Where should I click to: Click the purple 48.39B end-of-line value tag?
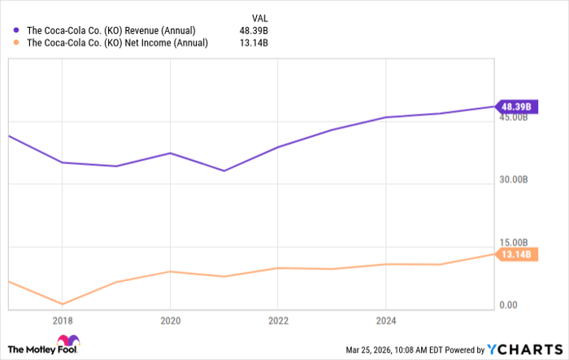tap(516, 106)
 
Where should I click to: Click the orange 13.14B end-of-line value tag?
tap(516, 254)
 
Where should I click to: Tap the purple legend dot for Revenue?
tap(17, 31)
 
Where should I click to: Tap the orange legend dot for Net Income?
tap(17, 44)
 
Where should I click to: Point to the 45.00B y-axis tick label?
tap(514, 118)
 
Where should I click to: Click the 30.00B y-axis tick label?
tap(514, 180)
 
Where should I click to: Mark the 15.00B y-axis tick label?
tap(514, 242)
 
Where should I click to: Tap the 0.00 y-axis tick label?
tap(509, 305)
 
